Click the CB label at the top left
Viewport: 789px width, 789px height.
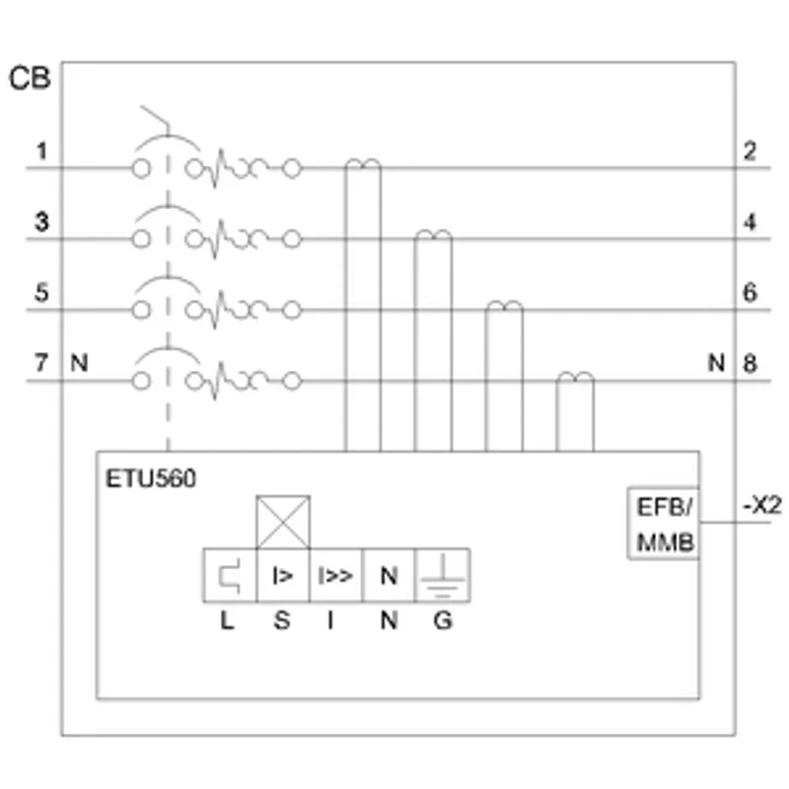click(30, 78)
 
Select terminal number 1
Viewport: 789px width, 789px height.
click(41, 151)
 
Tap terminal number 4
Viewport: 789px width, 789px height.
click(750, 222)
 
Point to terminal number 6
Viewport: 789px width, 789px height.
click(750, 292)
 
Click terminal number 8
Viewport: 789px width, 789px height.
click(750, 363)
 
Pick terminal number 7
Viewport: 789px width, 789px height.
click(41, 363)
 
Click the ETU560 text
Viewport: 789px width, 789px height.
click(151, 478)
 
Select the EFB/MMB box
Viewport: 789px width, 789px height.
click(664, 524)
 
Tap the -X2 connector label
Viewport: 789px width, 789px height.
click(762, 506)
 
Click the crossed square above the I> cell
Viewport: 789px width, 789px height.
click(283, 523)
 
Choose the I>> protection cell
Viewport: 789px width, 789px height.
click(335, 576)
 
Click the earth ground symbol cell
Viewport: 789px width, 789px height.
click(442, 576)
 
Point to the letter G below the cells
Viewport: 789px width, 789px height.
click(442, 621)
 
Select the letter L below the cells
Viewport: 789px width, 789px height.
click(227, 621)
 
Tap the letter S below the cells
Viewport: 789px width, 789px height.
click(282, 621)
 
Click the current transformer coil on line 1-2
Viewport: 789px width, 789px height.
click(363, 164)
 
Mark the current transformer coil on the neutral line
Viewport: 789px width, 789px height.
click(575, 377)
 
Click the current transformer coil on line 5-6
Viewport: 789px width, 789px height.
click(504, 306)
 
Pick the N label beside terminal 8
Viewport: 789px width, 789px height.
click(717, 363)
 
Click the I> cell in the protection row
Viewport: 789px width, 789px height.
click(283, 576)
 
